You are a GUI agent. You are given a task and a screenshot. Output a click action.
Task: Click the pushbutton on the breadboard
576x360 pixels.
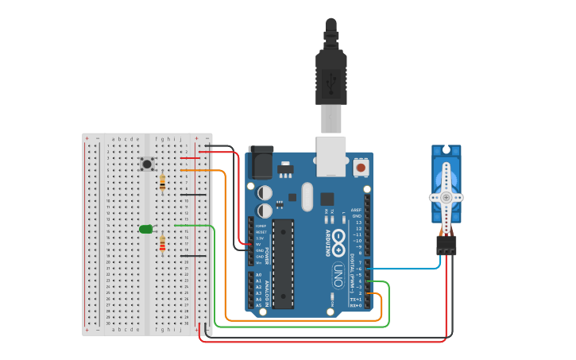coord(147,164)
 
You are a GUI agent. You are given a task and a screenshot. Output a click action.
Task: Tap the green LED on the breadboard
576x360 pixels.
coord(145,229)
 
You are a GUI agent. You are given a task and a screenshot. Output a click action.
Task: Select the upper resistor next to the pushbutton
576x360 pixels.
coord(163,184)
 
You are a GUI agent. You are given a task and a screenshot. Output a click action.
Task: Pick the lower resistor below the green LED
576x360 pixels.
coord(163,244)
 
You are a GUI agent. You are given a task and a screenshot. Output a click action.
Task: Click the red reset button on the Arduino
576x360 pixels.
coord(361,168)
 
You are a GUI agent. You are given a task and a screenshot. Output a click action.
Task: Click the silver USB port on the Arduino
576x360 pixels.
coord(332,155)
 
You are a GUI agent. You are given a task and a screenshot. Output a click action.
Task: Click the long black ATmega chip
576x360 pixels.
coord(282,263)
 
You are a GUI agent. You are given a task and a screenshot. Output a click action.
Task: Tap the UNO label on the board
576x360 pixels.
coord(337,274)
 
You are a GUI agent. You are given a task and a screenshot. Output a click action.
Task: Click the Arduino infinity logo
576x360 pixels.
coord(338,238)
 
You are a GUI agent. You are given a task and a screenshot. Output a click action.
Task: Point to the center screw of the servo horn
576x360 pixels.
coord(446,197)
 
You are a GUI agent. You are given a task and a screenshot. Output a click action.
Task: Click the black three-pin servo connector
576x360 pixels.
coord(446,245)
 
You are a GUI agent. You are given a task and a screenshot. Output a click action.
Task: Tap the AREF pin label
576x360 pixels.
coord(356,211)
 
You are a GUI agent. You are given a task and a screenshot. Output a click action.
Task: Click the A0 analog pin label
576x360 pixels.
coord(258,274)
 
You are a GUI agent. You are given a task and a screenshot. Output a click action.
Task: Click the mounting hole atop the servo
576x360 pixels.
coord(446,149)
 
